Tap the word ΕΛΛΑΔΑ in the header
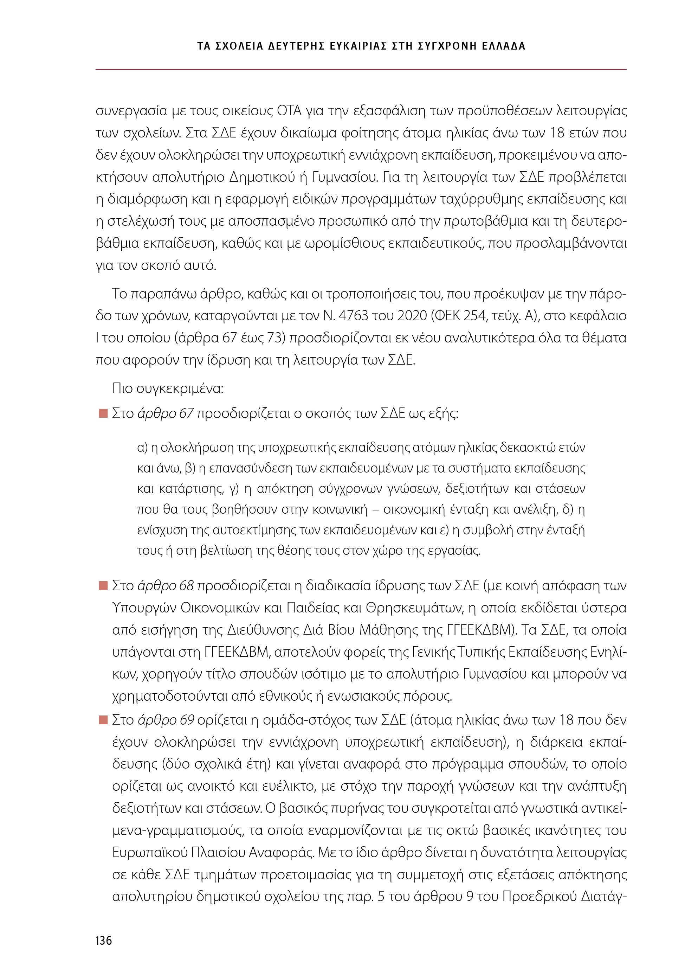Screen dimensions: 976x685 click(x=504, y=46)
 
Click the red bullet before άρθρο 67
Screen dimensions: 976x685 click(x=103, y=413)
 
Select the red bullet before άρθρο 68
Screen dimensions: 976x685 click(x=103, y=586)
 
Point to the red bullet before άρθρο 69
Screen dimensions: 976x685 click(x=103, y=720)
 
